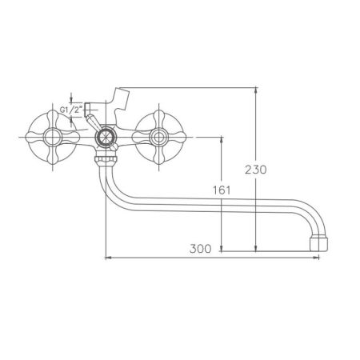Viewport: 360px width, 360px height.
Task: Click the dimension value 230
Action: click(268, 170)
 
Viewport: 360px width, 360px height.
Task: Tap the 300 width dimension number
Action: click(201, 249)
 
